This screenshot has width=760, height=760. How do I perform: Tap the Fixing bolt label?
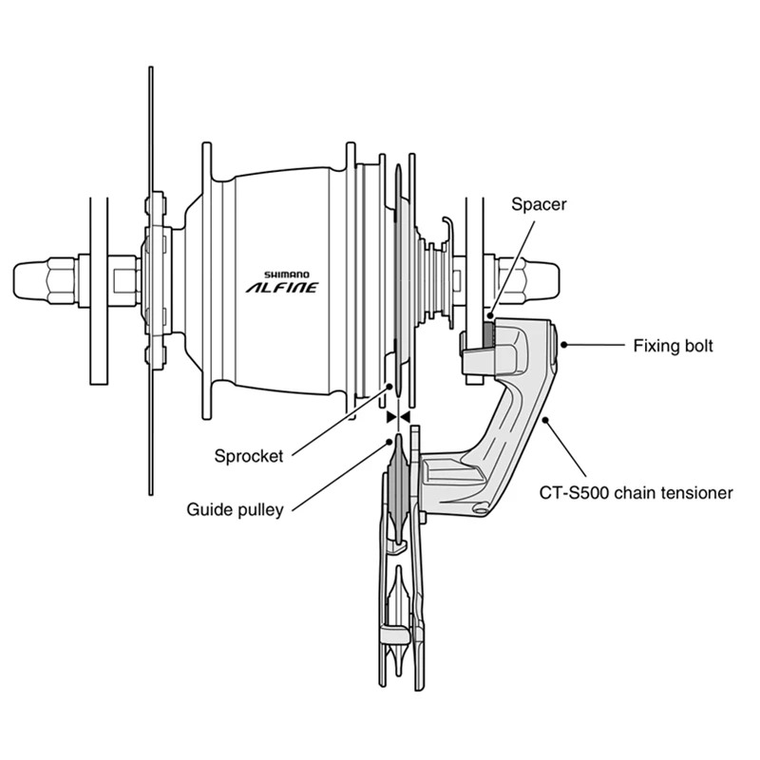(673, 346)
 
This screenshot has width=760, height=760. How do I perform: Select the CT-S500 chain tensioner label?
(636, 493)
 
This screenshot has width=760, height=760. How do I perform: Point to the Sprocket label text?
(249, 456)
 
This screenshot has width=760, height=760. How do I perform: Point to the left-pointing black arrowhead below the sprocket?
(405, 417)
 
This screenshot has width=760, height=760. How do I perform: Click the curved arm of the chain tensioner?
(513, 418)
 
